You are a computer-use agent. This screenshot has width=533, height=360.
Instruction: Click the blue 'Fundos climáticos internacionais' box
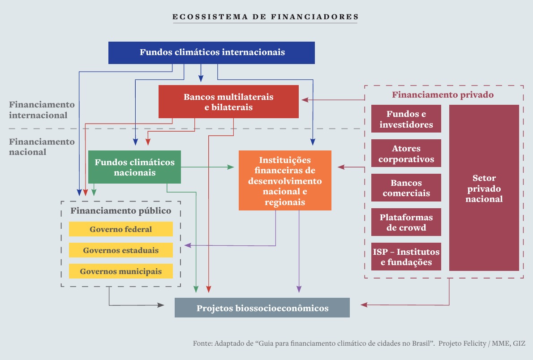212,52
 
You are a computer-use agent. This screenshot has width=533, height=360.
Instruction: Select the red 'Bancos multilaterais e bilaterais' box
228,102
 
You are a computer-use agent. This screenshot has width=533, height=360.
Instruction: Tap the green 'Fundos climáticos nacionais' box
134,167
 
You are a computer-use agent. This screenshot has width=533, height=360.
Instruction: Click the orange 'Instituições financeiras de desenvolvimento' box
285,180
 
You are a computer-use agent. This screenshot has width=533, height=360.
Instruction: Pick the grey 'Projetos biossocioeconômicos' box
262,308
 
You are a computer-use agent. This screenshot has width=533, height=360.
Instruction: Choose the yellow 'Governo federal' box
120,229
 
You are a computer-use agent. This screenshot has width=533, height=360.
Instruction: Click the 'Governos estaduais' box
120,250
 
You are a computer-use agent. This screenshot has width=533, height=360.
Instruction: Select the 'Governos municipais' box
120,271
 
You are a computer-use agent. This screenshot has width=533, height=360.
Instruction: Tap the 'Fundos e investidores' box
406,119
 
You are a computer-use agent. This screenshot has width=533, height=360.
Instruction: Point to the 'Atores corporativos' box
406,154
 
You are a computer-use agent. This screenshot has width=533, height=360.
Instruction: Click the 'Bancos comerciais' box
406,188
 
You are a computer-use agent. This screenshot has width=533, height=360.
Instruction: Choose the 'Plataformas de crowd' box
406,222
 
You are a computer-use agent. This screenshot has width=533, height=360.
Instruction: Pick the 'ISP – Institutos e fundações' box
406,257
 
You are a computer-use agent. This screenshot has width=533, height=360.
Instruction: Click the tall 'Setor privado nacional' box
484,188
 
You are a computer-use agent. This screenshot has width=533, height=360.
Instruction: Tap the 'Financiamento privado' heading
443,95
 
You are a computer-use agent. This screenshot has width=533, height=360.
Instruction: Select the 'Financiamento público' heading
121,210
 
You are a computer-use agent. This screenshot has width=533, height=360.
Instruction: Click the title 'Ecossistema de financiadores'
265,17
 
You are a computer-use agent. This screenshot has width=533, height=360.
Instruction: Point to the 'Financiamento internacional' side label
42,110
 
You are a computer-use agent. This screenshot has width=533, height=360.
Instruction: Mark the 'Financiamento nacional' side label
42,146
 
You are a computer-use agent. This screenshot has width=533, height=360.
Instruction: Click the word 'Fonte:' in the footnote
203,343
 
